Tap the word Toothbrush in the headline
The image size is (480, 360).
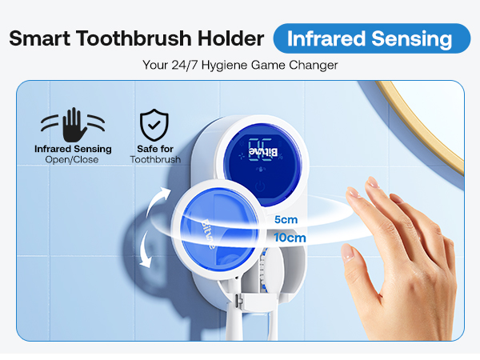(x=138, y=39)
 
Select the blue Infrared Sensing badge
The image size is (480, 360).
(x=372, y=38)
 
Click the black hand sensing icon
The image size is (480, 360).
(x=73, y=124)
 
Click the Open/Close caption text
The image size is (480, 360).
(x=73, y=160)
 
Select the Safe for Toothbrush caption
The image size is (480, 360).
(x=155, y=154)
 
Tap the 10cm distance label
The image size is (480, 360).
(x=289, y=238)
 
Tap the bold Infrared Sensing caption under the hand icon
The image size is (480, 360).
(x=73, y=149)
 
